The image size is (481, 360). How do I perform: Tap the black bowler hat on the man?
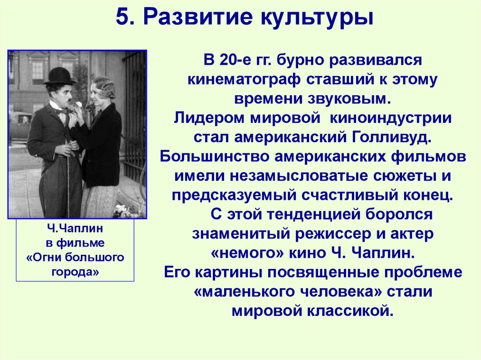pos(60,76)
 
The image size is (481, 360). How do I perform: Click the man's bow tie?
pos(62,111)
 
